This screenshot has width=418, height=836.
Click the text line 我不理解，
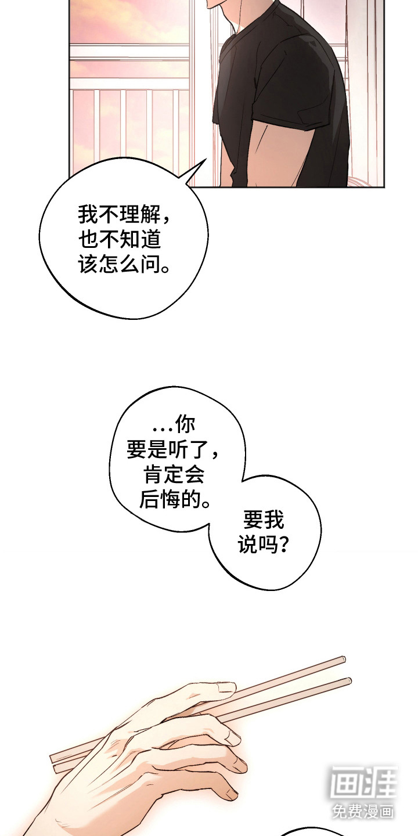[x=125, y=217]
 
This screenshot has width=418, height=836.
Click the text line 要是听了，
[x=173, y=451]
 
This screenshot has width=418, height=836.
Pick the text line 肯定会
[x=173, y=475]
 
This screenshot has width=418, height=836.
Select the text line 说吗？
[x=264, y=545]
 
